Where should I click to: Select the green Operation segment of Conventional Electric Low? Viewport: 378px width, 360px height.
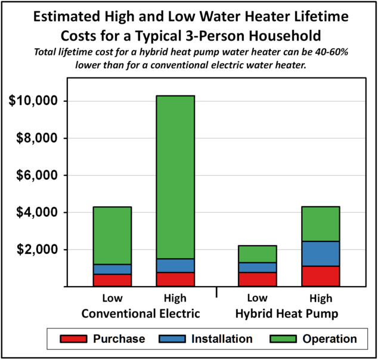point(112,235)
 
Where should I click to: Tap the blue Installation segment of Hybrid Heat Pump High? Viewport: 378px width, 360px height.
point(320,253)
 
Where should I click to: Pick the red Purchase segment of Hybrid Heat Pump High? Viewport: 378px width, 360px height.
point(320,276)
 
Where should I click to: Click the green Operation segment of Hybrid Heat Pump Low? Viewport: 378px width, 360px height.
point(258,254)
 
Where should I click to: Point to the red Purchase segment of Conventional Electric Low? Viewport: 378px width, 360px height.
point(112,280)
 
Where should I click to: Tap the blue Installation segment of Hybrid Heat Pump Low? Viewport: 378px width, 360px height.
point(258,267)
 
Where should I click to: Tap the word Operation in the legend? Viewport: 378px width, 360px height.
point(330,339)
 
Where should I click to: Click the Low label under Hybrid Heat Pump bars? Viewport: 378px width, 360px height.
point(258,298)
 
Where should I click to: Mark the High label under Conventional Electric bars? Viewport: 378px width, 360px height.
point(175,298)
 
